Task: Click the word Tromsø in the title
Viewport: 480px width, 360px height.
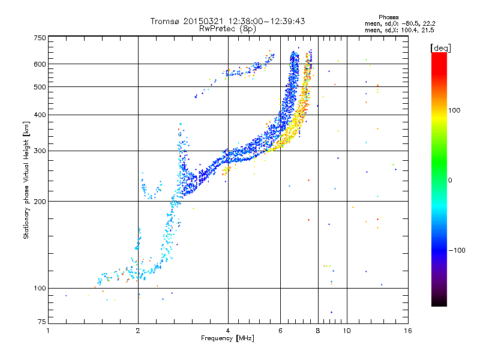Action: click(163, 21)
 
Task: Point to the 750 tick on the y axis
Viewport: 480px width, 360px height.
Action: click(40, 37)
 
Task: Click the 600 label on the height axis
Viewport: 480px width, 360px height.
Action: click(40, 64)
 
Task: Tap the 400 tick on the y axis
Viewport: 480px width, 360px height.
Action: click(40, 115)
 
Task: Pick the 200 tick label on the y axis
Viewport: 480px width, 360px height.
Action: click(40, 201)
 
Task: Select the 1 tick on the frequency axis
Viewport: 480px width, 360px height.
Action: click(49, 331)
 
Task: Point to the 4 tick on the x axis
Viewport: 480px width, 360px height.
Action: click(228, 331)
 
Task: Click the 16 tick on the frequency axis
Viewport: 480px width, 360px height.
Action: click(408, 331)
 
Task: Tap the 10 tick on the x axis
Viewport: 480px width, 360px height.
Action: click(347, 331)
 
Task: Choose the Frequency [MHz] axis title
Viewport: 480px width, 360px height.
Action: click(227, 338)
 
